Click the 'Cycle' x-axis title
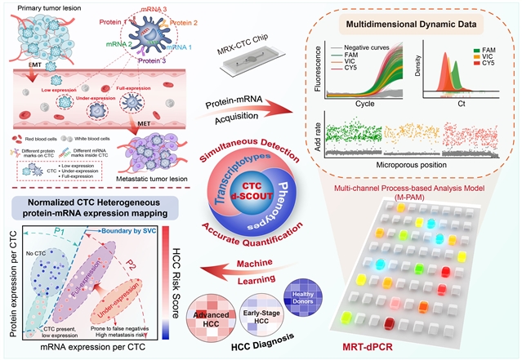[361, 104]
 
